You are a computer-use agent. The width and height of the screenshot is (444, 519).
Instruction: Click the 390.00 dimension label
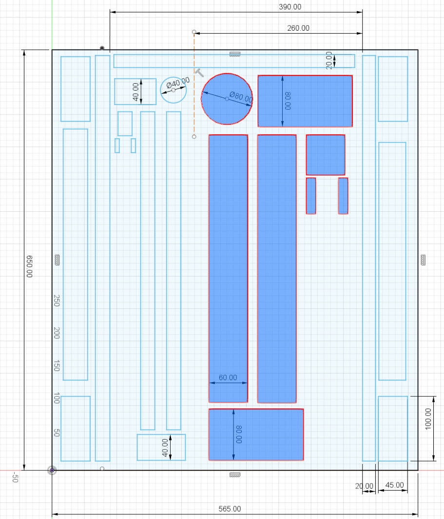tap(290, 7)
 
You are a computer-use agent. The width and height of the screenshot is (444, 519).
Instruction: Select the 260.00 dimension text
tap(298, 28)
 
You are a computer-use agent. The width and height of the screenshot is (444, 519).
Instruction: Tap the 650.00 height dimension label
tap(30, 266)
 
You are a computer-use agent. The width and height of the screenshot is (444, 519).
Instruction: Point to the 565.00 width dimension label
tap(230, 509)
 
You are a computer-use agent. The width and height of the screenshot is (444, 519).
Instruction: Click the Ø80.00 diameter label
tap(241, 97)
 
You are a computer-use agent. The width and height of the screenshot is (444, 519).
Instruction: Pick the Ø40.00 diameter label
tap(178, 82)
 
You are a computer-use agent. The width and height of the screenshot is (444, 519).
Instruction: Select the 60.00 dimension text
tap(228, 378)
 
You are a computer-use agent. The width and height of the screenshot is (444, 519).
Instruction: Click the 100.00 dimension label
tap(428, 419)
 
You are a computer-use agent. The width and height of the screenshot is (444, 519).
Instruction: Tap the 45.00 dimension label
tap(395, 485)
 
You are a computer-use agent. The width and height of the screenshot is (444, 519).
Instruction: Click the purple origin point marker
tap(52, 470)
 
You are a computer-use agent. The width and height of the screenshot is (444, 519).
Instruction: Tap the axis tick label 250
tap(57, 300)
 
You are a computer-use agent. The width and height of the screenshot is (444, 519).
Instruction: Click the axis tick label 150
tap(57, 366)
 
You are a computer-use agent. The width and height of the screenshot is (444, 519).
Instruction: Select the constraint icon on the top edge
tap(235, 54)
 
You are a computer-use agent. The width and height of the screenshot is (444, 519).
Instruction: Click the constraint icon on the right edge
tap(423, 260)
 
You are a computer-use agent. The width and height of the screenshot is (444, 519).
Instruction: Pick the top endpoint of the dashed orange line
tap(194, 32)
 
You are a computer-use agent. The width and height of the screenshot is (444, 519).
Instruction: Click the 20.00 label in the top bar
tap(328, 60)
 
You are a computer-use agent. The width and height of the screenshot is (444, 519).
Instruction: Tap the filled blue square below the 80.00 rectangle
tap(326, 155)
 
